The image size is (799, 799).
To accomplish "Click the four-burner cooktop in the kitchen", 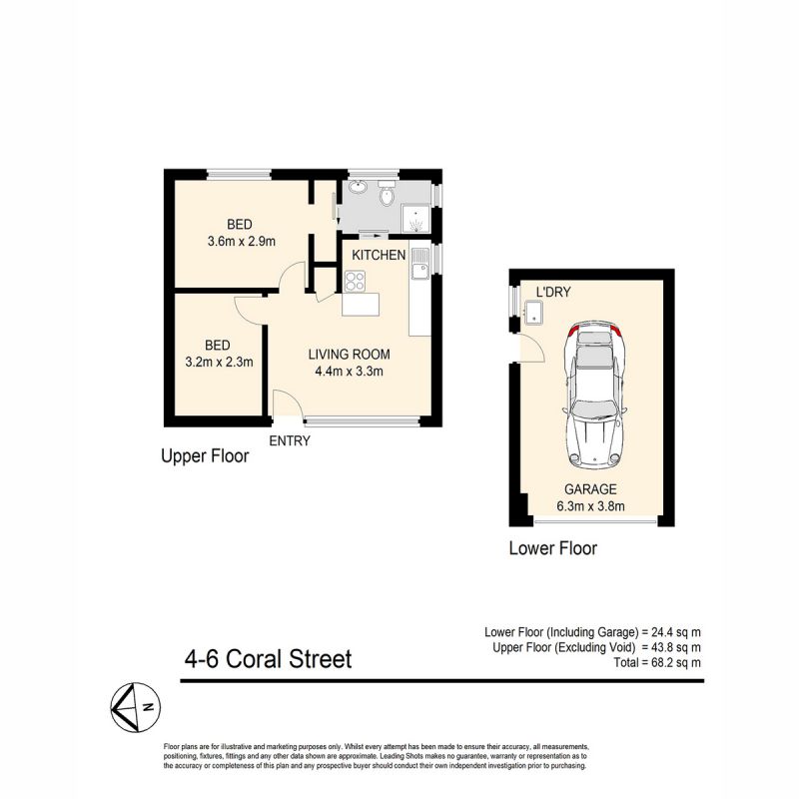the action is point(356,282).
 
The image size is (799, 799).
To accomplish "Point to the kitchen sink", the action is point(419,264).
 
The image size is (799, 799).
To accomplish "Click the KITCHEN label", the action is point(379,255).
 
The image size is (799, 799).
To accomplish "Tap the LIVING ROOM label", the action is point(349,355).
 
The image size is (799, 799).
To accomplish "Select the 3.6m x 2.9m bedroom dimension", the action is point(241,241).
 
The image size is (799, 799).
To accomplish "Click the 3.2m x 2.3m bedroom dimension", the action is point(219,363).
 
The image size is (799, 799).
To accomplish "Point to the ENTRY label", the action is point(290,440).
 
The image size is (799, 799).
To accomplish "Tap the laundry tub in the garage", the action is point(534,312).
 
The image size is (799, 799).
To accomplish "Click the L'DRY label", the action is point(553,292).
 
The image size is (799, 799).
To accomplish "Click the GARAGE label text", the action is point(590,489).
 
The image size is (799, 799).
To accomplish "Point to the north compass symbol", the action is point(135,707).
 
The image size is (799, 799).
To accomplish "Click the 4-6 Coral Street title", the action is point(268,659).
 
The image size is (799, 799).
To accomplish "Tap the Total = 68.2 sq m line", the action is point(657,663).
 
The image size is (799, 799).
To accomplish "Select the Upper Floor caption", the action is point(205,456).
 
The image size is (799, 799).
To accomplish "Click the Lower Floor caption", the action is point(553,548).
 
